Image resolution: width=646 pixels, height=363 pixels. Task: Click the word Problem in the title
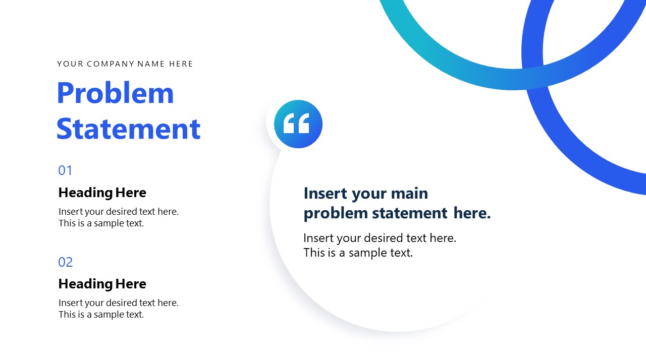tap(115, 94)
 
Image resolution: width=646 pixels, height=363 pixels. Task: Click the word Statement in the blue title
tap(128, 129)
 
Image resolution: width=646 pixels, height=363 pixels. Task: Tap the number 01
tap(66, 170)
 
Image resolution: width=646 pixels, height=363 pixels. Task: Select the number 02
tap(66, 262)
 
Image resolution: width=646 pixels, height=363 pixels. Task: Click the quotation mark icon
tap(298, 124)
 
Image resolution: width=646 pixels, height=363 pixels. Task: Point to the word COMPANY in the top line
tap(111, 64)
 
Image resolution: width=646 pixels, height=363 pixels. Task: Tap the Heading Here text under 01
tap(102, 193)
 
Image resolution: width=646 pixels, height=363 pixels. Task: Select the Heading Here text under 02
tap(102, 284)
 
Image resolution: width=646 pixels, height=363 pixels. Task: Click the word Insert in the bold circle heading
tap(326, 194)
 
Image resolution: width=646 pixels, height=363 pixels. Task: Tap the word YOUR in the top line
tap(70, 64)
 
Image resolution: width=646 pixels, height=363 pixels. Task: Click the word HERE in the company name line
tap(181, 64)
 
